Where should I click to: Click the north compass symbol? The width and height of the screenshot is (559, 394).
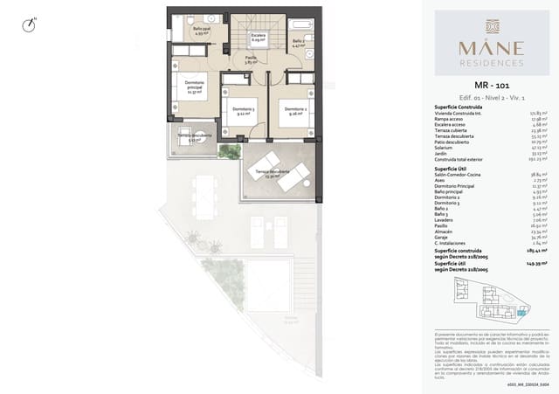pos(31,25)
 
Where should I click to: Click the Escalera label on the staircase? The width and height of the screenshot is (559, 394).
pos(259,38)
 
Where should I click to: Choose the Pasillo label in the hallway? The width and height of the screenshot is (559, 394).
pos(250,60)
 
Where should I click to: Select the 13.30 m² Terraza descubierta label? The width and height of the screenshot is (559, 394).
pos(272,175)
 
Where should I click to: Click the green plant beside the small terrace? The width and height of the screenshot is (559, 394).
pos(230,151)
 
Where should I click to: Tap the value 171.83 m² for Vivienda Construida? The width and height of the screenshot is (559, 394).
pos(535,113)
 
